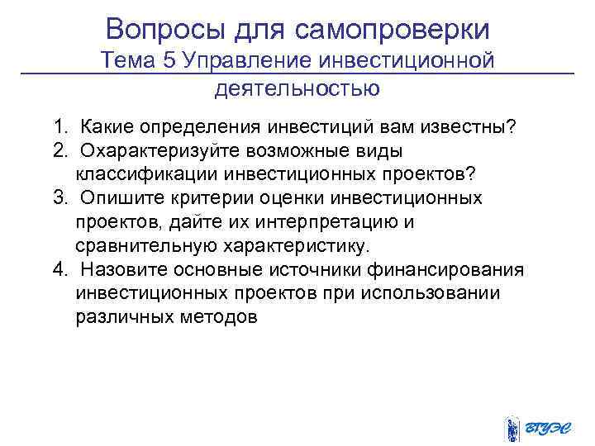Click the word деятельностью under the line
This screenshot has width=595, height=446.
pyautogui.click(x=297, y=87)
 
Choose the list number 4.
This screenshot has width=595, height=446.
pyautogui.click(x=59, y=271)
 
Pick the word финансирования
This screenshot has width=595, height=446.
pyautogui.click(x=453, y=271)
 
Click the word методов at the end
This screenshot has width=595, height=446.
pyautogui.click(x=224, y=319)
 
